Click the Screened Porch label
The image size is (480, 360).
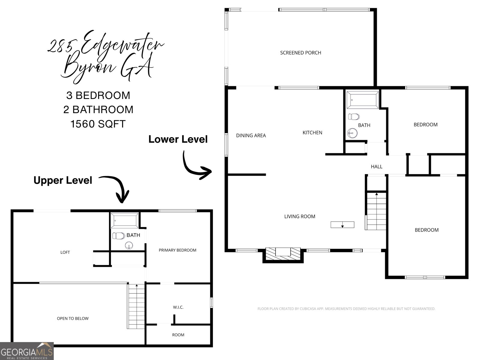[300, 53]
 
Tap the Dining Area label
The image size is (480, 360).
[251, 136]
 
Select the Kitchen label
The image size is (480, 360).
[312, 133]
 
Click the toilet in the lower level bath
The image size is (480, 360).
[354, 116]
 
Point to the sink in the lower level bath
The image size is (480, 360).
[352, 133]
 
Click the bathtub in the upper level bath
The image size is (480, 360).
[124, 220]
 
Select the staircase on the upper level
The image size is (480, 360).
[136, 306]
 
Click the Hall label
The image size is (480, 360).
[376, 167]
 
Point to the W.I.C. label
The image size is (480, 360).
[178, 307]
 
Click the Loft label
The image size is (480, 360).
[65, 252]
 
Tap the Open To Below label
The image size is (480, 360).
[73, 319]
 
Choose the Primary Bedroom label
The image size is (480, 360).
[177, 250]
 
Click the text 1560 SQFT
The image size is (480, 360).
[98, 124]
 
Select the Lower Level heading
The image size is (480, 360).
[178, 139]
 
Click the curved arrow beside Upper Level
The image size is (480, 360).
[118, 187]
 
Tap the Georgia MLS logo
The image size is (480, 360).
[27, 351]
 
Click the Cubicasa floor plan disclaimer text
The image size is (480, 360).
[346, 309]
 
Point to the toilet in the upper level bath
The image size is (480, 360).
[118, 236]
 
